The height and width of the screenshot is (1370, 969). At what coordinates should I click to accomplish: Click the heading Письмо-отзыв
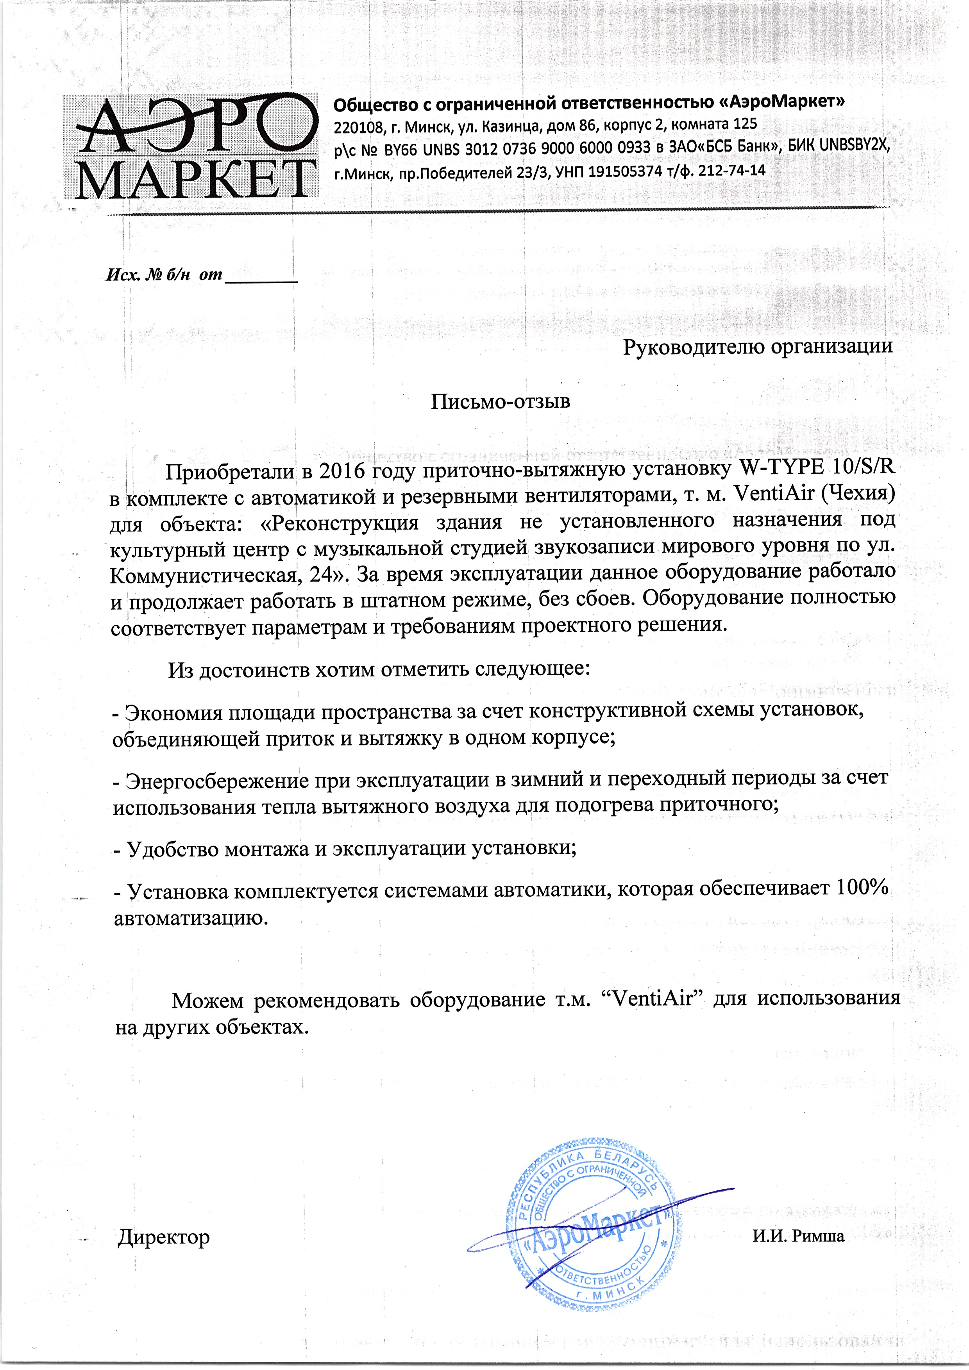tap(500, 401)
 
